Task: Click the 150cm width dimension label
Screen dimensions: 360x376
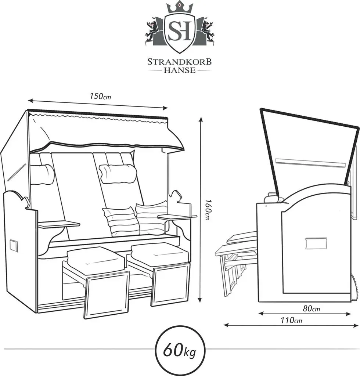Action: [100, 97]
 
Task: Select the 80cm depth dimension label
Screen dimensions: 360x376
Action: [311, 308]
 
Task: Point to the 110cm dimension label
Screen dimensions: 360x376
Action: [291, 320]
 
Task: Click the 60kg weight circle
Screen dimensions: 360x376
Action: [180, 352]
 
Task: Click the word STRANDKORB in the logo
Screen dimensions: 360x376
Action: [179, 62]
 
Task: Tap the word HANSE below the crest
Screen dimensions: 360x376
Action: [179, 70]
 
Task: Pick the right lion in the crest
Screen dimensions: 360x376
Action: [207, 31]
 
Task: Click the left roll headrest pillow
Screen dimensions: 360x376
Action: [42, 174]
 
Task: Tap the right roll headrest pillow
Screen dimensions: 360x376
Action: [118, 174]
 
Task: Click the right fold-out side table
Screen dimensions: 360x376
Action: [177, 217]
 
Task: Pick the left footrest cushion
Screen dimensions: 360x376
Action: [96, 256]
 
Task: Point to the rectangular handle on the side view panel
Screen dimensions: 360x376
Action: [316, 243]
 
